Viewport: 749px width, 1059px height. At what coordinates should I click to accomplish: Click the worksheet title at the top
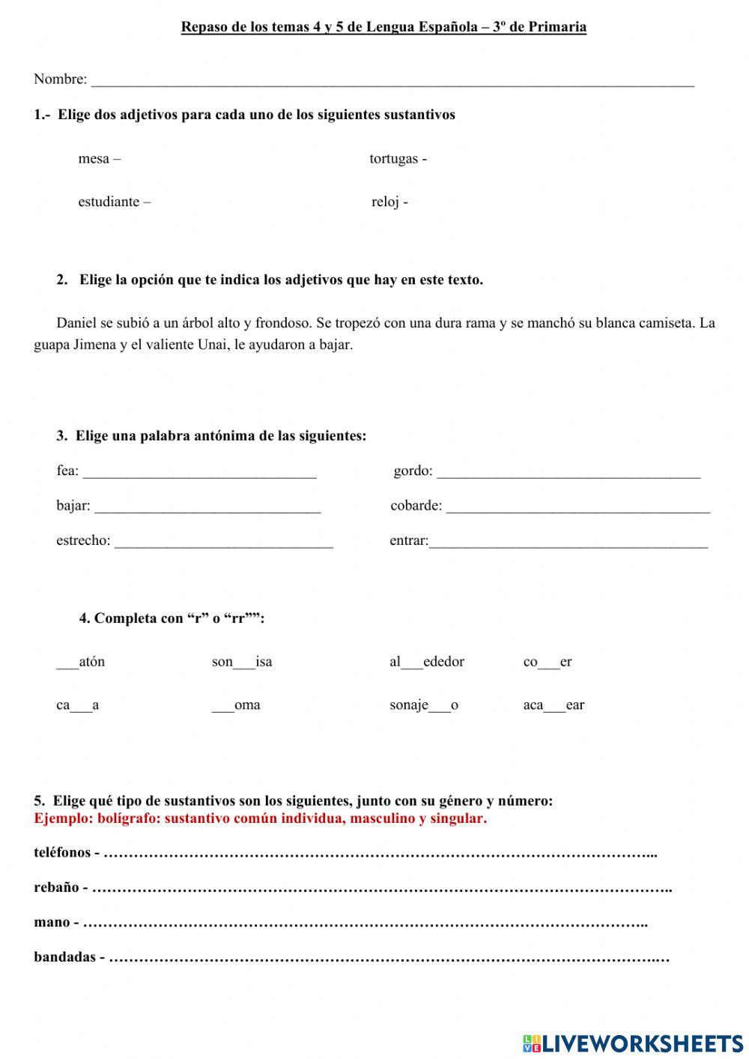coord(383,28)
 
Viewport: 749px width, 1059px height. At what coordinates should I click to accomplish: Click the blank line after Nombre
coord(392,81)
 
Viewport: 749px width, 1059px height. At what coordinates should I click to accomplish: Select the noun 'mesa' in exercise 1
coord(94,159)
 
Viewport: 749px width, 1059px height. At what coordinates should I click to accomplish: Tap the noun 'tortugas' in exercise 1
coord(393,159)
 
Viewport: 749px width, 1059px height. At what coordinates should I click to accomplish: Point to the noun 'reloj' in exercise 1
coord(386,202)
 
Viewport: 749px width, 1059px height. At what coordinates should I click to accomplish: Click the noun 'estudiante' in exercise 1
coord(109,202)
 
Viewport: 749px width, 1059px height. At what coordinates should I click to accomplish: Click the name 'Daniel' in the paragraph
coord(76,323)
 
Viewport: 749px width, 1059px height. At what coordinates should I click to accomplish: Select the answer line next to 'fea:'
coord(199,473)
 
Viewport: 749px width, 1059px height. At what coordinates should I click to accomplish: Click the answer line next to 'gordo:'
coord(568,473)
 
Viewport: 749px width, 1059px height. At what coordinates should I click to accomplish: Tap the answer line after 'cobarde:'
coord(577,508)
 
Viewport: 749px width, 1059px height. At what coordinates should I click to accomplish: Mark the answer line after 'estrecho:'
coord(223,543)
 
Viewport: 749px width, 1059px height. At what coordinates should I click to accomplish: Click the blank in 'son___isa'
coord(244,664)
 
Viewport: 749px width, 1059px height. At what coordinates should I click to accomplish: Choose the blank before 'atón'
coord(67,664)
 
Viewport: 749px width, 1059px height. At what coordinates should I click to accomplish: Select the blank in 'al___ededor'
coord(412,664)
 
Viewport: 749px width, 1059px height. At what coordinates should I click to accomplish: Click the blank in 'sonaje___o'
coord(440,707)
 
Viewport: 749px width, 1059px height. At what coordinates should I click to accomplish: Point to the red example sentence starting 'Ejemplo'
coord(260,818)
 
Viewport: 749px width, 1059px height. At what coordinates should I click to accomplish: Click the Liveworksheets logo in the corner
coord(633,1043)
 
